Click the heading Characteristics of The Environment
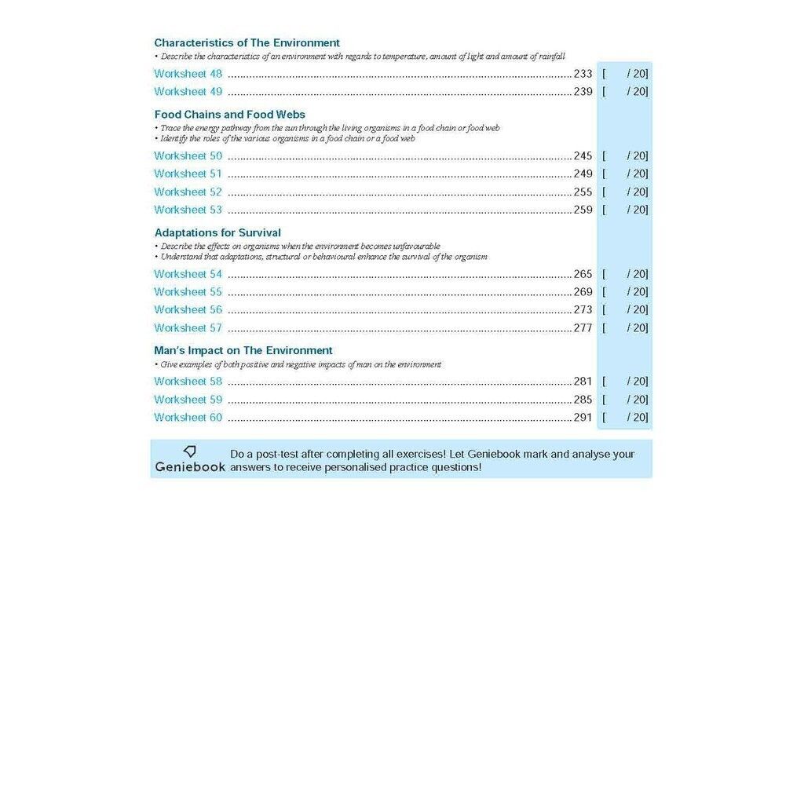(247, 43)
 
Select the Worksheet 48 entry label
(188, 74)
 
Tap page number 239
(583, 92)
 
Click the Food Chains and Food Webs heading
(229, 115)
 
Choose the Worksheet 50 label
(188, 156)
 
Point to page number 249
(583, 174)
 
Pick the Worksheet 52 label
(188, 192)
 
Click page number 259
(583, 210)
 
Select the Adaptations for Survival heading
(217, 233)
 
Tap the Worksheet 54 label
(188, 275)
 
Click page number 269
(583, 292)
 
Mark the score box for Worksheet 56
(625, 310)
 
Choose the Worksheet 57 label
(188, 328)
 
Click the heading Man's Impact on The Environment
(243, 351)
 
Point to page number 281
(583, 382)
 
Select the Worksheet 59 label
(188, 400)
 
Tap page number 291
(583, 418)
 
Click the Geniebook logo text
(190, 466)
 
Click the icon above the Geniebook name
(189, 451)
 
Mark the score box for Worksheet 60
(625, 418)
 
